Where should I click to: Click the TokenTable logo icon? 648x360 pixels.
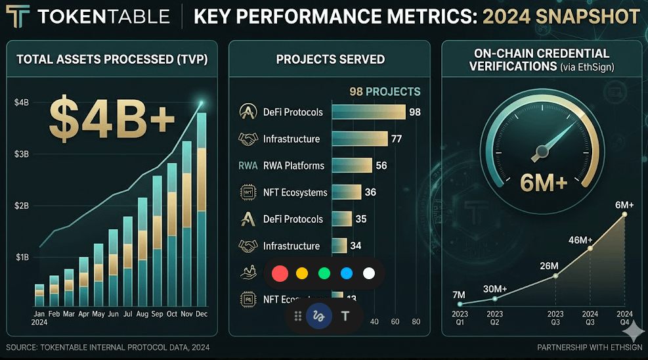pyautogui.click(x=16, y=16)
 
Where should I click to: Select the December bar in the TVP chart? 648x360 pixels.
pyautogui.click(x=202, y=210)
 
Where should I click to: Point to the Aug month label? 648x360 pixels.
pyautogui.click(x=142, y=314)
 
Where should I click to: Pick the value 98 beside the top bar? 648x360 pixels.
pyautogui.click(x=415, y=112)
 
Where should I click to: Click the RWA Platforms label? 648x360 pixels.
pyautogui.click(x=293, y=166)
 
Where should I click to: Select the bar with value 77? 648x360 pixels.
pyautogui.click(x=360, y=139)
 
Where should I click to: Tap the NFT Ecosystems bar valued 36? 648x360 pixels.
pyautogui.click(x=347, y=192)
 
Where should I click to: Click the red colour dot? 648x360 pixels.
pyautogui.click(x=280, y=273)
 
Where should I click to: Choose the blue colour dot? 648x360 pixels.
pyautogui.click(x=347, y=273)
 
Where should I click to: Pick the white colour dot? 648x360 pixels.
pyautogui.click(x=369, y=273)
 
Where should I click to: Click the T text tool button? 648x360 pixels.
pyautogui.click(x=345, y=316)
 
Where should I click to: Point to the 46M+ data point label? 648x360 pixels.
pyautogui.click(x=581, y=240)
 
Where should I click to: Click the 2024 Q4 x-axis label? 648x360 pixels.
pyautogui.click(x=624, y=318)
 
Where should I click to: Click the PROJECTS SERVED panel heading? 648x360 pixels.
pyautogui.click(x=330, y=59)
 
